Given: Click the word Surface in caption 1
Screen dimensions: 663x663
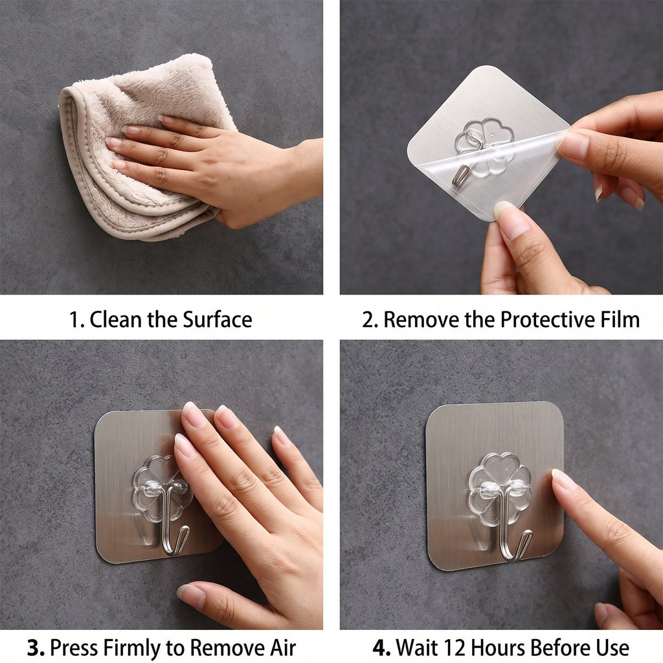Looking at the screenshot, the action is (x=218, y=319).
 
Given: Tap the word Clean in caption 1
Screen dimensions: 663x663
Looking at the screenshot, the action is (x=116, y=319).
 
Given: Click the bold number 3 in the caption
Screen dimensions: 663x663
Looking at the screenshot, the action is (x=36, y=647).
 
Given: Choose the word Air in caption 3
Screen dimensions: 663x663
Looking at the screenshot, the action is (x=282, y=647).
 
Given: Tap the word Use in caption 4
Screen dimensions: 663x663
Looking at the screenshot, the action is (x=612, y=647).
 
